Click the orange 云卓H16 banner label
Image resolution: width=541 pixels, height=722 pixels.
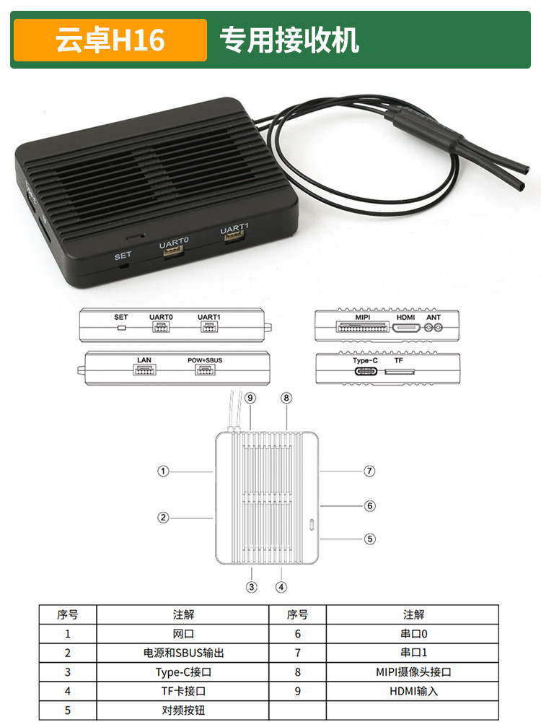point(110,40)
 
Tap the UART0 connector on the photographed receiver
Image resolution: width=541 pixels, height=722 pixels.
point(174,251)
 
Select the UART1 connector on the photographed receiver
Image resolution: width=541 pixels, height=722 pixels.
point(234,235)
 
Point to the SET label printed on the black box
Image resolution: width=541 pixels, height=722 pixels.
point(123,256)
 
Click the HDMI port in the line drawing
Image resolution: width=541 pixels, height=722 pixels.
point(406,328)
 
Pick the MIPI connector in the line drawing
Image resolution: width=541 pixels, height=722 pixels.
point(362,327)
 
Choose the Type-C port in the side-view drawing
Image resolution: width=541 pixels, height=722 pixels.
point(366,370)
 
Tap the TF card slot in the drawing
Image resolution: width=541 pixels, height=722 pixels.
point(400,371)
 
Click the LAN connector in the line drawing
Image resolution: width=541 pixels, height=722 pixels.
point(144,370)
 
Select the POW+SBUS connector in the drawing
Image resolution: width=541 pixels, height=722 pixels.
point(205,370)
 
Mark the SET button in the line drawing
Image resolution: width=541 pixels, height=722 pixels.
point(121,328)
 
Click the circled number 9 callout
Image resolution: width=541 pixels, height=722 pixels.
point(250,398)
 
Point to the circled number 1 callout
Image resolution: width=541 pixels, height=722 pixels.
point(163,471)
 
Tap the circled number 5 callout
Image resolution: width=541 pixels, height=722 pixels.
point(370,539)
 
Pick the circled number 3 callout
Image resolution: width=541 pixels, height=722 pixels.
point(251,587)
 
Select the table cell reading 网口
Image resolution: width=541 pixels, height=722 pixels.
point(183,634)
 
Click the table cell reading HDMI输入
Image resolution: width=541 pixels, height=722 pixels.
point(413,691)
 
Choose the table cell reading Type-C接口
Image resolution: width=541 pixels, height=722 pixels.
point(183,671)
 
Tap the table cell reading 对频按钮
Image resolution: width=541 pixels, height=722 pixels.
point(183,710)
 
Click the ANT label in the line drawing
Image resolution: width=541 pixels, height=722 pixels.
point(434,317)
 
